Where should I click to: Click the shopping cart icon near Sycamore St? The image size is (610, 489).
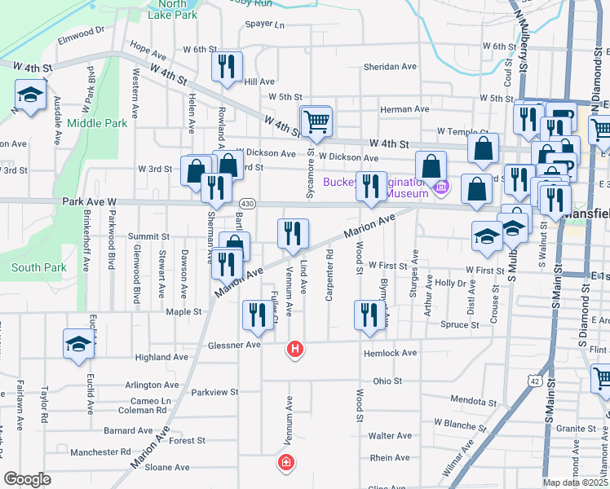(x=316, y=121)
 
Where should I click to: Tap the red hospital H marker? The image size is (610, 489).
(x=295, y=350)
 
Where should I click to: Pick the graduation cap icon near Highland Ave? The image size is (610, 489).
(x=78, y=343)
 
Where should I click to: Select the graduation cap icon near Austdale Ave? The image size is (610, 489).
(x=30, y=95)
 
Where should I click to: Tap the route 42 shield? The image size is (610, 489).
(x=534, y=381)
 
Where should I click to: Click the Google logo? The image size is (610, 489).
(x=28, y=479)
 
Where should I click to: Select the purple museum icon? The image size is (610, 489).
(x=442, y=187)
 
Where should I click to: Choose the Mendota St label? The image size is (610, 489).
(x=472, y=400)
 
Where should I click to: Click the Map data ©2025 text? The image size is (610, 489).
(x=575, y=482)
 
